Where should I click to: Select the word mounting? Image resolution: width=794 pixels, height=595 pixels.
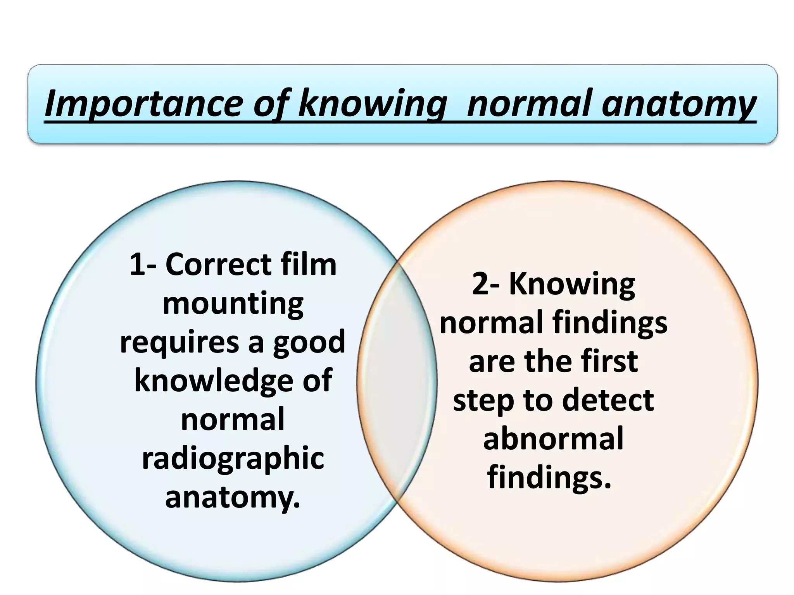233,304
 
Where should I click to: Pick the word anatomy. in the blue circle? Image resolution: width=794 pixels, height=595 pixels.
233,497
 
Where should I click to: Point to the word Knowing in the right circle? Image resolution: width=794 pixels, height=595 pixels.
572,285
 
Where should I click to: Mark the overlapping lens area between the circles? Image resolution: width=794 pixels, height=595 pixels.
397,382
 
